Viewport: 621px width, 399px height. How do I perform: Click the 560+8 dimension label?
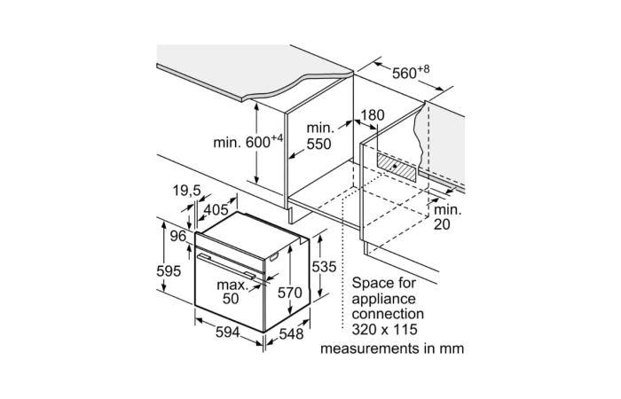click(x=411, y=73)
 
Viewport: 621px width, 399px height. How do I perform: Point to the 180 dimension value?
click(x=373, y=114)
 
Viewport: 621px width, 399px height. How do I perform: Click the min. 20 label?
click(x=448, y=216)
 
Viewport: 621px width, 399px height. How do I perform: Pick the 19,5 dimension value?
click(x=186, y=190)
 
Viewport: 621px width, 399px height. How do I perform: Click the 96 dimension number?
click(x=178, y=236)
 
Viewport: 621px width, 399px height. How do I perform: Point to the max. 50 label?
click(x=232, y=292)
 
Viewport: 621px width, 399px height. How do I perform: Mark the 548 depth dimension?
click(x=291, y=334)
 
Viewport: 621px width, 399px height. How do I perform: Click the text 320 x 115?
click(x=384, y=329)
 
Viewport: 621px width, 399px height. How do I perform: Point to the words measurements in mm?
click(x=392, y=348)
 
